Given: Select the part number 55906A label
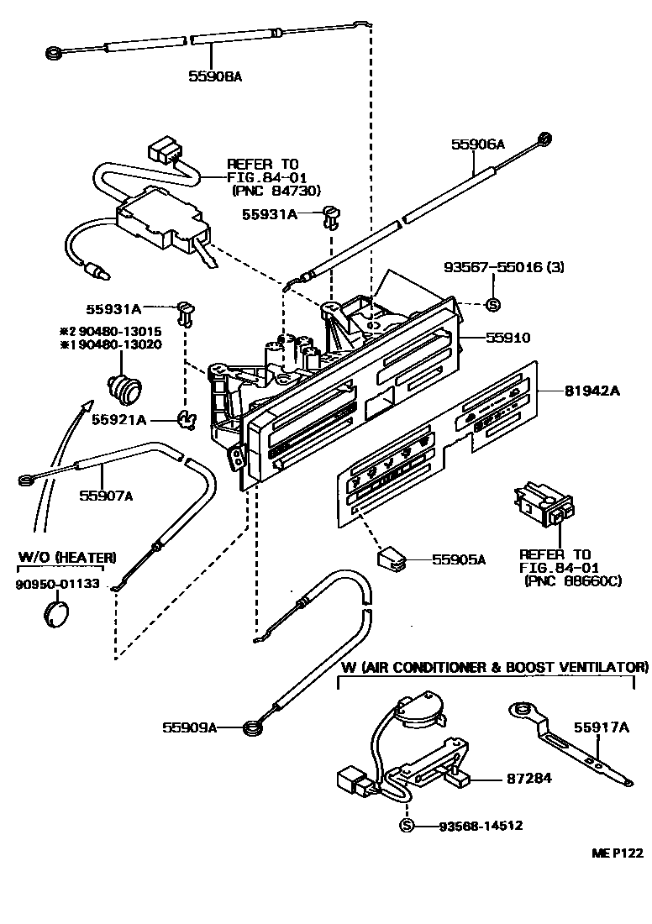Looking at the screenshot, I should pos(478,144).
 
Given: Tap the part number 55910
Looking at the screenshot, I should pos(509,338).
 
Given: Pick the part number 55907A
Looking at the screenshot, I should pos(106,495).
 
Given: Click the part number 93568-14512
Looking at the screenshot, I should pos(481,826).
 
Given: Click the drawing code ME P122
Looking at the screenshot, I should pos(616,853).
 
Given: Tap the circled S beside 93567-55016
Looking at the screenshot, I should pos(493,304).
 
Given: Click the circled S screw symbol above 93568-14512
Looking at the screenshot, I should pos(407,826).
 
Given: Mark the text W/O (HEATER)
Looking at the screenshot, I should pos(66,557).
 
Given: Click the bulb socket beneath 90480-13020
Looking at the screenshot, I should pos(123,388).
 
